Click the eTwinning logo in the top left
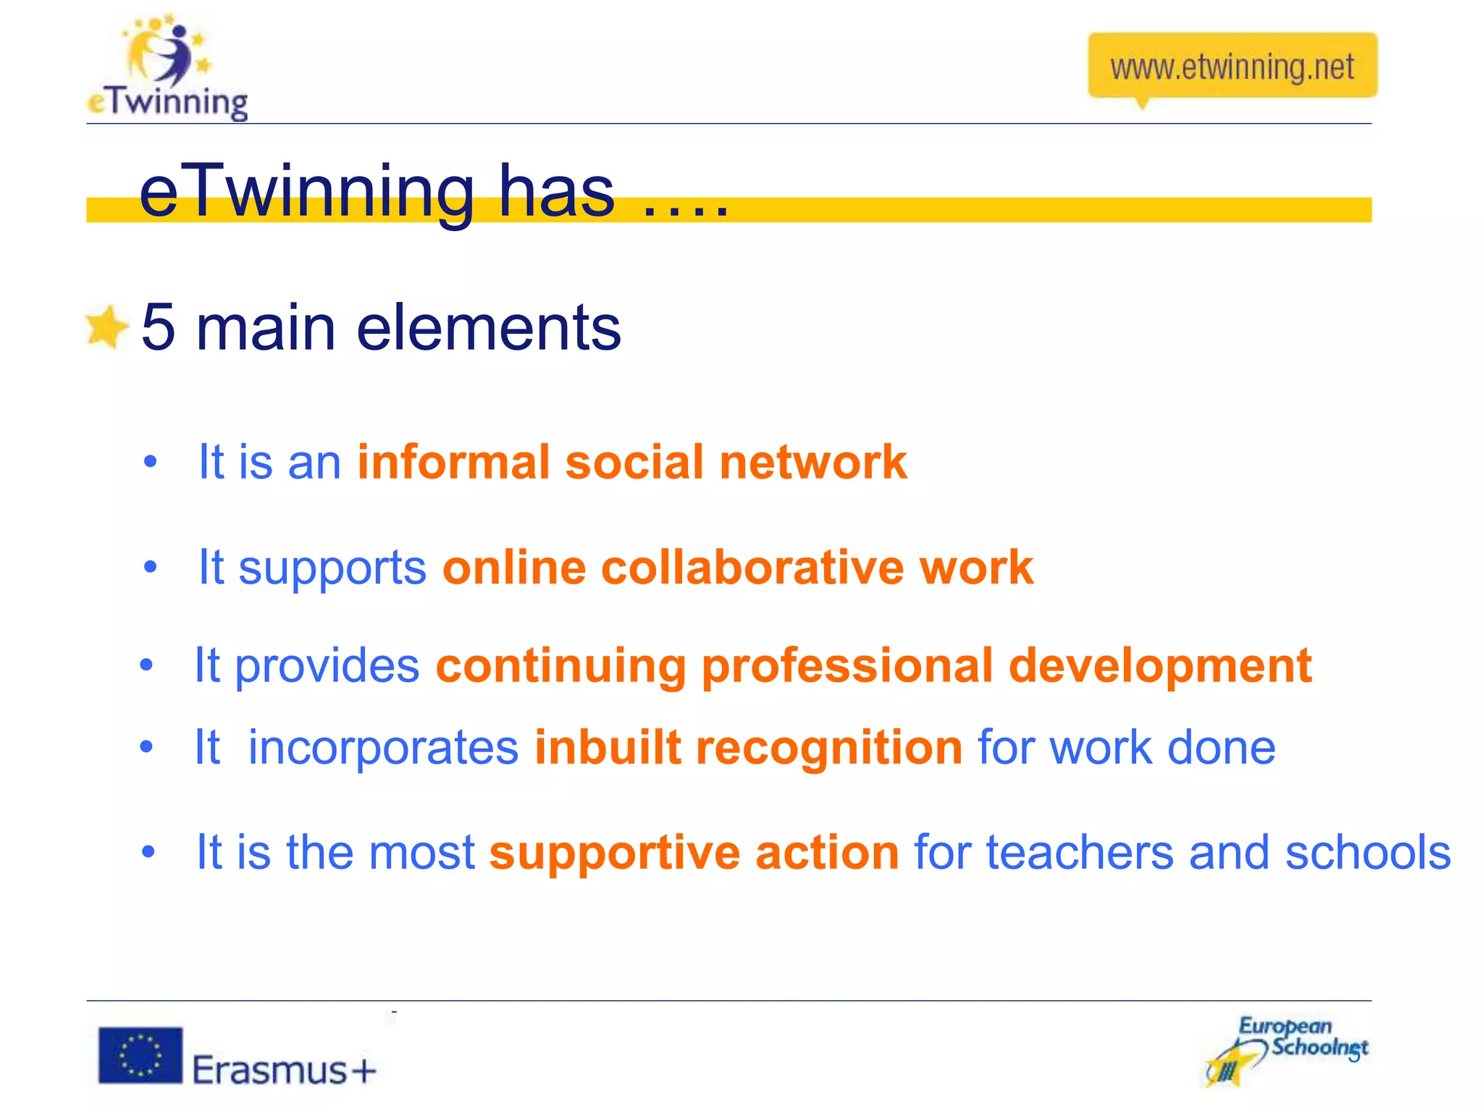tap(167, 69)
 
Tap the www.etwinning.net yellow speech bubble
tap(1232, 67)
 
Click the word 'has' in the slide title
tap(556, 191)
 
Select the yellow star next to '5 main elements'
tap(106, 327)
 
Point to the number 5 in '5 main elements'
tap(159, 327)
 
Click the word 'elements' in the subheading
tap(489, 327)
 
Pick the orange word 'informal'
tap(453, 462)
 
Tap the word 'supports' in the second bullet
tap(332, 568)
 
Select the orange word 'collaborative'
tap(752, 567)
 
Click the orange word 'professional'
tap(846, 665)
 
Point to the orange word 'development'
tap(1159, 665)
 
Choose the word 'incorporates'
tap(383, 747)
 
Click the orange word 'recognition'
tap(828, 747)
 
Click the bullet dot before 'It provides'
tap(147, 665)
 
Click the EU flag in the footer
tap(140, 1055)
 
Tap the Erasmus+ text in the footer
tap(285, 1069)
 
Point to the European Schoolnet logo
tap(1287, 1050)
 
